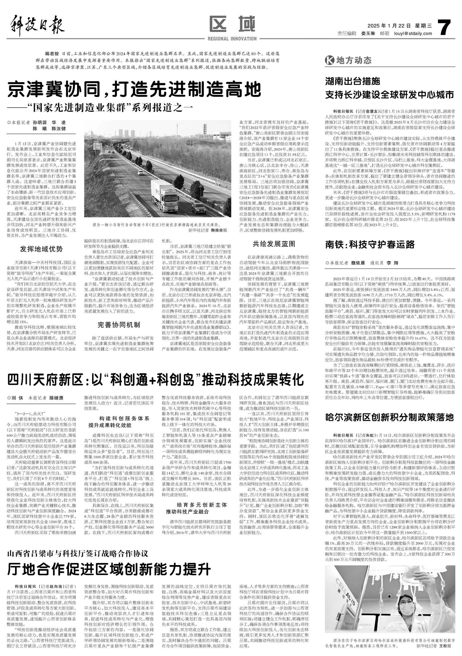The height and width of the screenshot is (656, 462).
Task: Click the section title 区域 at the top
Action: click(x=232, y=24)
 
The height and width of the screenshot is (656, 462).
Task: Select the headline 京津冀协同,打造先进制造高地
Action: click(x=134, y=90)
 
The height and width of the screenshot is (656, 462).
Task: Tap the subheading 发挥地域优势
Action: click(x=41, y=249)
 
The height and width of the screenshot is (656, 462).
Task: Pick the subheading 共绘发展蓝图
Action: click(x=274, y=243)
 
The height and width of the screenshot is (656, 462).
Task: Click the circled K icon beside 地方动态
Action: click(x=329, y=60)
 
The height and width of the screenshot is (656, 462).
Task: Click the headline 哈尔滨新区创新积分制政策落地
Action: click(x=390, y=417)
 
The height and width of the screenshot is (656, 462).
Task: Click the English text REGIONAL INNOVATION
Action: click(x=232, y=39)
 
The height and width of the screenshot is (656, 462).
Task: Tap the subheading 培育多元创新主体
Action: click(x=202, y=505)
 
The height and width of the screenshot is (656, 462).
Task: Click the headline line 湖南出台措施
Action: click(x=353, y=82)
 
